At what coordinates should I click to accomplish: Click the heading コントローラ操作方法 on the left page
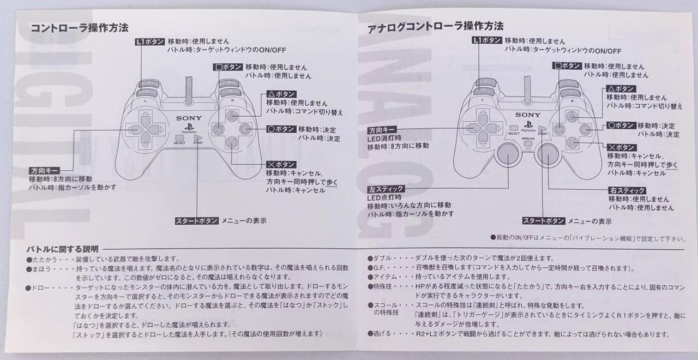tap(80, 28)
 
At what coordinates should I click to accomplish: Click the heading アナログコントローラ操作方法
tap(435, 27)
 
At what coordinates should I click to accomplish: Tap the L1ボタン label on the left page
tap(150, 42)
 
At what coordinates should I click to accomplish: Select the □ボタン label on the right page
tap(567, 66)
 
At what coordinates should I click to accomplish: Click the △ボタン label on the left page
tap(281, 94)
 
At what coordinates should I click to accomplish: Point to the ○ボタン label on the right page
tap(621, 125)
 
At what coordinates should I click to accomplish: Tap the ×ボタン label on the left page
tap(281, 164)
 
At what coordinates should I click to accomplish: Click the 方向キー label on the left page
tap(44, 171)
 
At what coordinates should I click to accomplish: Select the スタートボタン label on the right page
tap(544, 221)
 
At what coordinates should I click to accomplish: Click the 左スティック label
tap(386, 189)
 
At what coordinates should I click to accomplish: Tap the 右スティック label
tap(627, 190)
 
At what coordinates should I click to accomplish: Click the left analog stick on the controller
tap(508, 154)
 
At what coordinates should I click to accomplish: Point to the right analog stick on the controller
tap(547, 154)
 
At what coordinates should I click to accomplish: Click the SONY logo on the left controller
tap(189, 118)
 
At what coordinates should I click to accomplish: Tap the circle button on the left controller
tap(245, 128)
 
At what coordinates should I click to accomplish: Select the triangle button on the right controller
tap(572, 117)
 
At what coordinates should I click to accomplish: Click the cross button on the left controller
tap(231, 142)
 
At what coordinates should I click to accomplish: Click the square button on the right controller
tap(559, 129)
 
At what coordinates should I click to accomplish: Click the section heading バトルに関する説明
tap(62, 249)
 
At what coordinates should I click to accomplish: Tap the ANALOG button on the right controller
tap(528, 143)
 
